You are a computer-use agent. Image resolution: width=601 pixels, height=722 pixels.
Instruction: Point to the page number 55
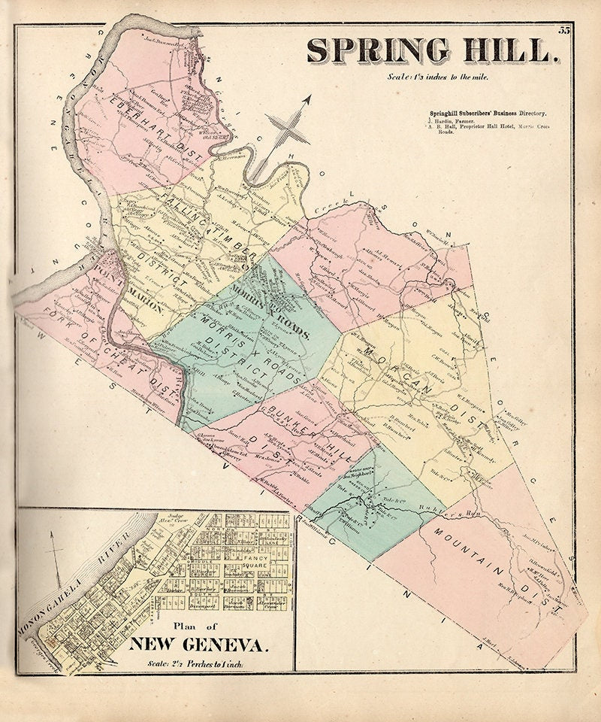click(564, 30)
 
